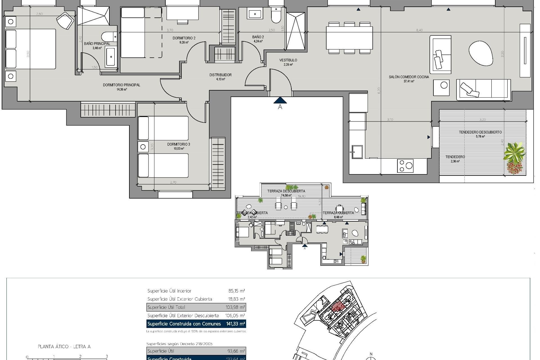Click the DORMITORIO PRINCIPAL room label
[x=121, y=85]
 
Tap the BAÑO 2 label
[x=258, y=37]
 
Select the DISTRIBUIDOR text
[x=220, y=75]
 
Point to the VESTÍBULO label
[x=288, y=60]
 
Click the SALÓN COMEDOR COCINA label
[x=409, y=77]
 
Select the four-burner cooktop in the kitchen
[x=405, y=166]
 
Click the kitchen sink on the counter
[x=357, y=152]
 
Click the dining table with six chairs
[x=349, y=37]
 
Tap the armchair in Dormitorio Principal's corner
[x=65, y=20]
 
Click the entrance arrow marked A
[x=280, y=101]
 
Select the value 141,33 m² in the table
[x=235, y=324]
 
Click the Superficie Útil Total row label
[x=166, y=307]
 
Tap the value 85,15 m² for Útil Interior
[x=237, y=291]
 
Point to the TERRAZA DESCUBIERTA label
[x=286, y=191]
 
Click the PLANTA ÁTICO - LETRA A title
[x=64, y=347]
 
